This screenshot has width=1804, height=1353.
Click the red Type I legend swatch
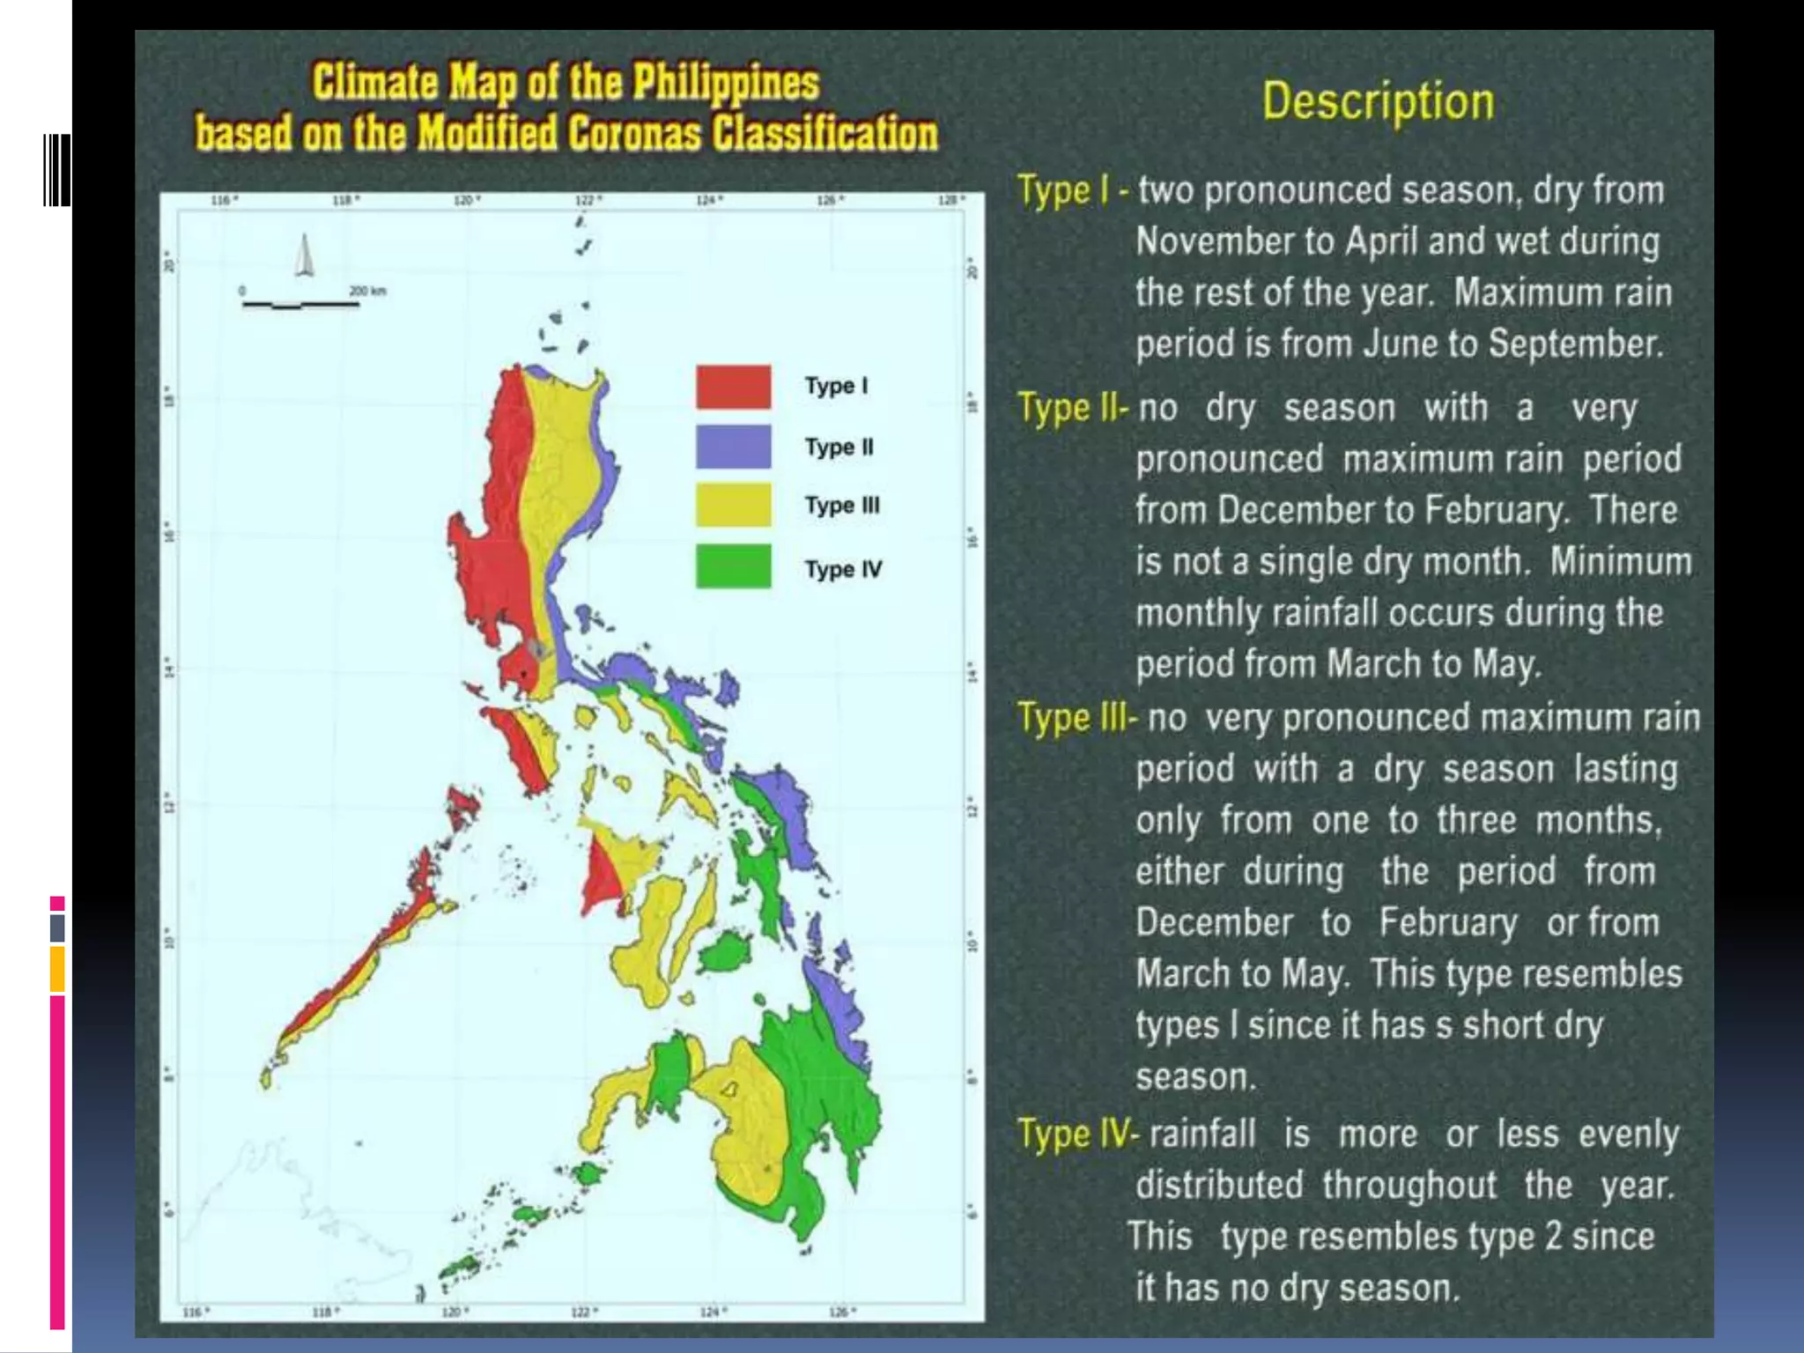pos(733,387)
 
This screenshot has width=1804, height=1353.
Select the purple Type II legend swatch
pos(733,447)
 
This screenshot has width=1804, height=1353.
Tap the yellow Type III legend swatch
pos(733,505)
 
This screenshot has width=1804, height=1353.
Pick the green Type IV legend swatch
pos(733,566)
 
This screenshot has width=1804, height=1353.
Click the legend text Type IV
pos(842,569)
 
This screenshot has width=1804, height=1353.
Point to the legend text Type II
pos(838,447)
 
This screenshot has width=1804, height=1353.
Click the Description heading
pos(1378,101)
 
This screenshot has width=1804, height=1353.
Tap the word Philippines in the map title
pos(726,83)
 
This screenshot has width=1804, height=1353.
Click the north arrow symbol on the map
pos(304,255)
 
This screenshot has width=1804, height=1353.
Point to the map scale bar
pos(300,305)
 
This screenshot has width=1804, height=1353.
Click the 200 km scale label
pos(367,291)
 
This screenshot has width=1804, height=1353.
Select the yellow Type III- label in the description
pos(1076,718)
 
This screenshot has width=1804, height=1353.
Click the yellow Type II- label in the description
pos(1072,408)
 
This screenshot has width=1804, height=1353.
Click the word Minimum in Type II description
pos(1621,561)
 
